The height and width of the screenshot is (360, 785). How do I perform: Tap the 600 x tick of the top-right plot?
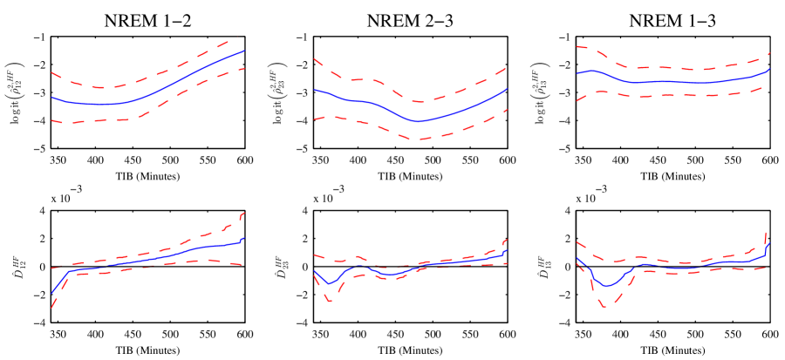770,160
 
